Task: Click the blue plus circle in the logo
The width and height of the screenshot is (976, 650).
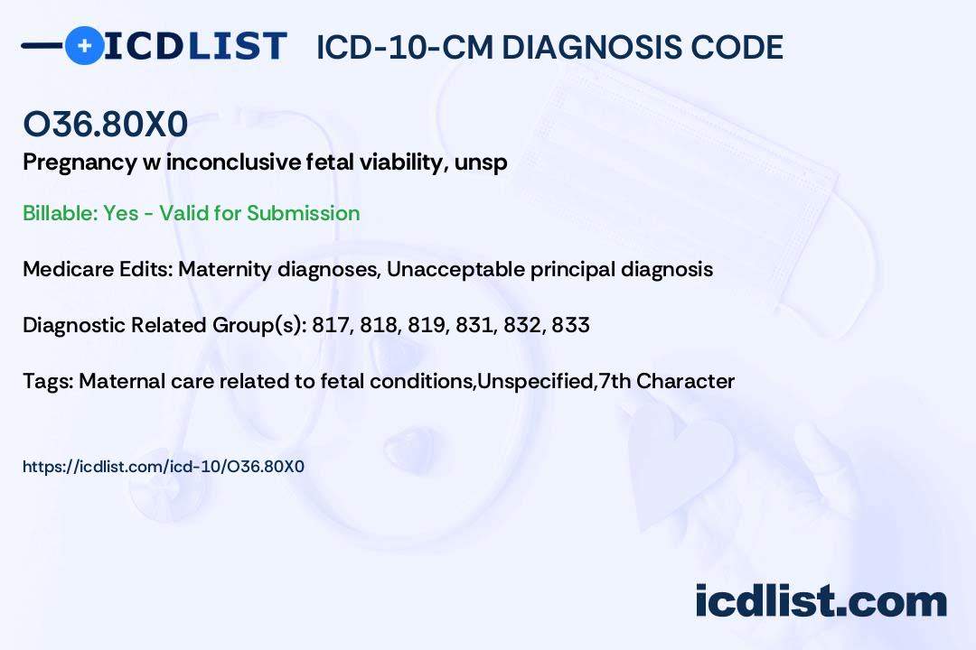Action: tap(84, 45)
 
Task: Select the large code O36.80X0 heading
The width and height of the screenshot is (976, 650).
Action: tap(105, 124)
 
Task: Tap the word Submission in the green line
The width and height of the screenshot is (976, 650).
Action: tap(303, 213)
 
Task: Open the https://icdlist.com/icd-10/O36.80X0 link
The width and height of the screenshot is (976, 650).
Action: tap(164, 467)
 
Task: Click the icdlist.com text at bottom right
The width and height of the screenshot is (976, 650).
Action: tap(821, 601)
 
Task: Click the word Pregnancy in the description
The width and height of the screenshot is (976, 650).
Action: tap(80, 163)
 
